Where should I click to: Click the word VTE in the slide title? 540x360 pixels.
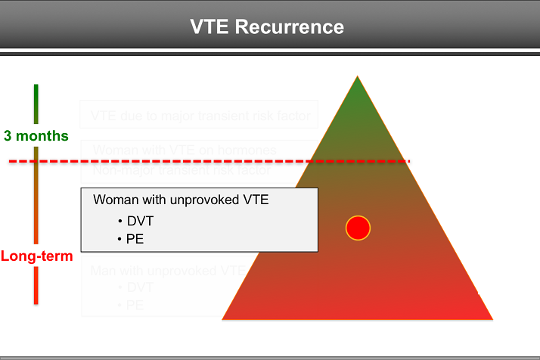[211, 27]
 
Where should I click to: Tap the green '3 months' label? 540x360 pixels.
[36, 136]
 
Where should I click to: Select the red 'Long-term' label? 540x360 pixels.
[36, 256]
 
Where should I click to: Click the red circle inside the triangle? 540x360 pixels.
[358, 228]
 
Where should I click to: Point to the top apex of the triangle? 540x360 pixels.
[355, 77]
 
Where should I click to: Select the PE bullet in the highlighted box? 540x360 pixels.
[135, 239]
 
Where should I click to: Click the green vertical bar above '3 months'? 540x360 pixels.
[36, 104]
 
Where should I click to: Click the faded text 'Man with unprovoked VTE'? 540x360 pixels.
[166, 270]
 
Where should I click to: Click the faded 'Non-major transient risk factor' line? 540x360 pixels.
[182, 170]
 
